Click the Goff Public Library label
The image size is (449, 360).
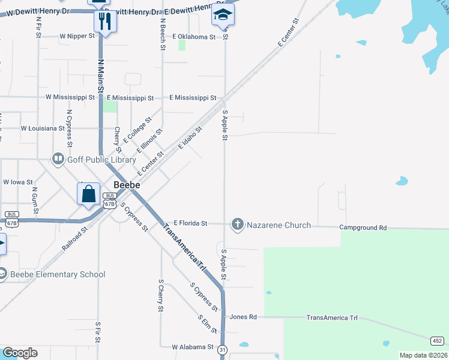[x=93, y=159]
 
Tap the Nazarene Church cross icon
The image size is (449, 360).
[x=238, y=225]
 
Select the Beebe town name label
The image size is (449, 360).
[x=127, y=185]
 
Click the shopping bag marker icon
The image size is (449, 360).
[x=88, y=194]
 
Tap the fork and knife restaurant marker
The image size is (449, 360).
[x=105, y=22]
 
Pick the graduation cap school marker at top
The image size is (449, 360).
[x=223, y=14]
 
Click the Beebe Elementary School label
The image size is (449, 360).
[x=59, y=274]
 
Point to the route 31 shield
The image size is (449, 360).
[x=223, y=350]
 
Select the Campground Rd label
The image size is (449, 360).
[x=363, y=228]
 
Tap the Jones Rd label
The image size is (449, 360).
[x=243, y=317]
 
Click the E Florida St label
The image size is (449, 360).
[x=190, y=223]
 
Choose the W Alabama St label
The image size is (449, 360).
[x=192, y=347]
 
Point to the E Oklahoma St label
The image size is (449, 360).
[x=194, y=37]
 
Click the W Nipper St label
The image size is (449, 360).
[x=77, y=36]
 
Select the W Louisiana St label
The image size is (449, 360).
[x=42, y=128]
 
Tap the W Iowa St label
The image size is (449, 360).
[x=17, y=181]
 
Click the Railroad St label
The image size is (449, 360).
[x=74, y=238]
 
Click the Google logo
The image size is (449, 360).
[x=20, y=353]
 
